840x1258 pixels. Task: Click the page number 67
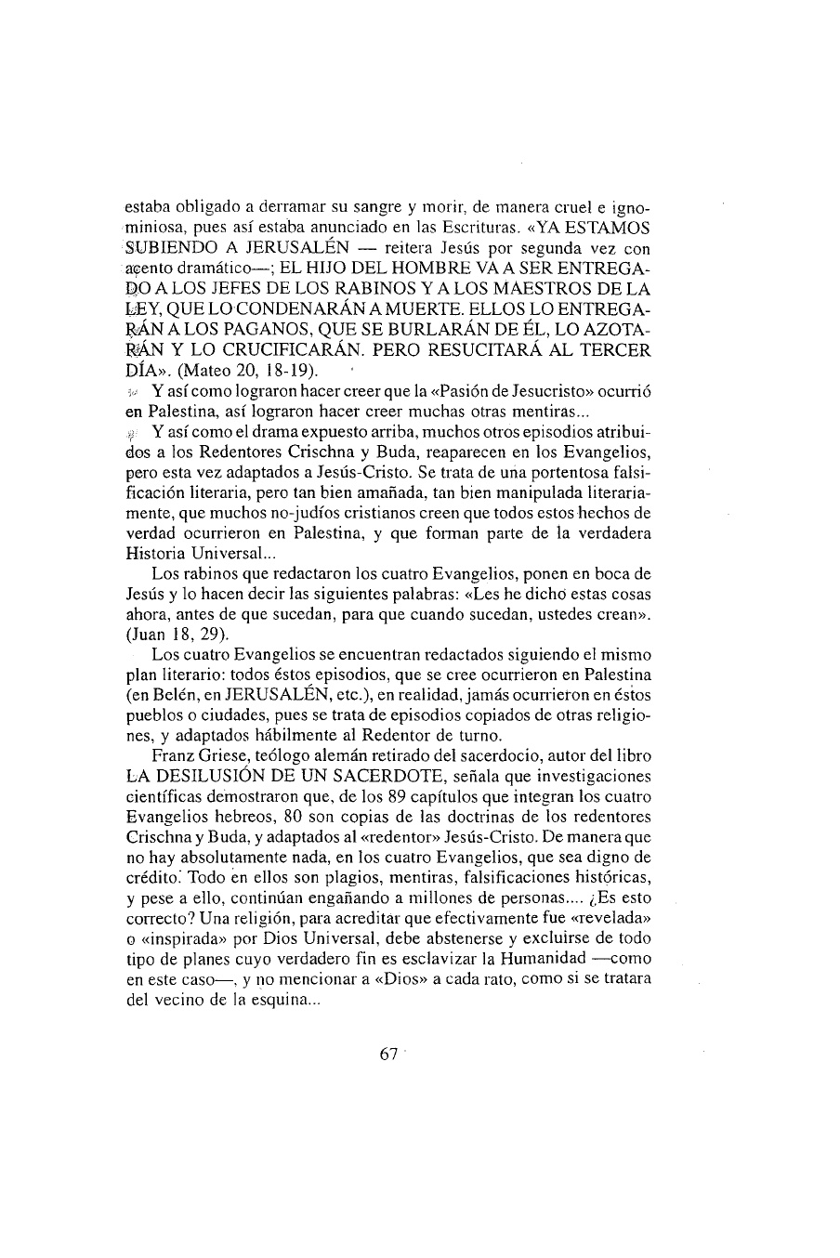click(x=388, y=1055)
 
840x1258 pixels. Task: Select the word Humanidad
click(x=545, y=958)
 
